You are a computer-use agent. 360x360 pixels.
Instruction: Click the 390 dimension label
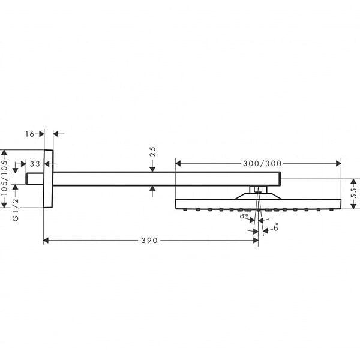tap(149, 241)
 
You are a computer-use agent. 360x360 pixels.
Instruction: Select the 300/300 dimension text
tap(262, 163)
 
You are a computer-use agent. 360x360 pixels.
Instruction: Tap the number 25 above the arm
tap(152, 152)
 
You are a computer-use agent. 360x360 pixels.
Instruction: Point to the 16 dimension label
tap(29, 134)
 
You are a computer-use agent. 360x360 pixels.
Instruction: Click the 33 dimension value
tap(35, 164)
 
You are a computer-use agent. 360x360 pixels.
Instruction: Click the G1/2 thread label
tap(16, 210)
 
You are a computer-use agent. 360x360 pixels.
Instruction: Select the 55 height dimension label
tap(355, 193)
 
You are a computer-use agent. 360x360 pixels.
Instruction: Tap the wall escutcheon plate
tap(48, 179)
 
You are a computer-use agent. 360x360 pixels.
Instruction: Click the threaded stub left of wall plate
tap(34, 179)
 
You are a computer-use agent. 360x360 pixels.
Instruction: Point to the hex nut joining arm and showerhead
tap(258, 190)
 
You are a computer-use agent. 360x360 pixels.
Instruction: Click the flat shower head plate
tap(258, 204)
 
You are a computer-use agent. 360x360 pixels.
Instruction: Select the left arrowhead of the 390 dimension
tap(46, 241)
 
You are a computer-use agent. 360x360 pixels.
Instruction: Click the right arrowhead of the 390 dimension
tap(256, 241)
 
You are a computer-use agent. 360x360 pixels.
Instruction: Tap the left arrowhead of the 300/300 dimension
tap(178, 163)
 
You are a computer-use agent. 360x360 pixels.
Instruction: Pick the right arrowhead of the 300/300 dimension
tap(338, 163)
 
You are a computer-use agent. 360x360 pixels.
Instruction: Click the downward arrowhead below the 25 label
tap(152, 169)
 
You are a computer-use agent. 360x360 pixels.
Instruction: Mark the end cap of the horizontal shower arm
tap(280, 179)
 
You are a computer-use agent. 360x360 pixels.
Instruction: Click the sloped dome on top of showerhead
tap(258, 196)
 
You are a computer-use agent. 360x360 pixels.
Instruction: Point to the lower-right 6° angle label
tap(276, 227)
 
